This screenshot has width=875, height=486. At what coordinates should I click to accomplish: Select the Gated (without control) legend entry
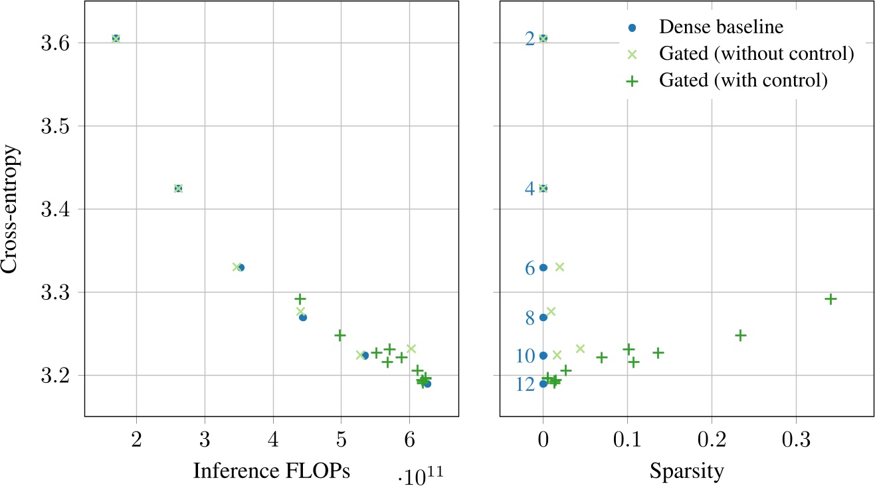756,54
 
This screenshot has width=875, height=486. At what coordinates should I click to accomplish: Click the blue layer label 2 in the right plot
530,39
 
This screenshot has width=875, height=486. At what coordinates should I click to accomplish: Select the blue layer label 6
530,269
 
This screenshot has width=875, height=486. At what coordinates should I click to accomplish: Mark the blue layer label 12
525,385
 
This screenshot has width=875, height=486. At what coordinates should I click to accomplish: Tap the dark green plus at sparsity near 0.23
740,335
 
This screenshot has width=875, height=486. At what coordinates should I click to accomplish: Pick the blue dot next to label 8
543,317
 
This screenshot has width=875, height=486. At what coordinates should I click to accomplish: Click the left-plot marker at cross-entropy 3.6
116,39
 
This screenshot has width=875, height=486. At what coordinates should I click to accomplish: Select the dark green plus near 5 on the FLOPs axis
340,335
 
